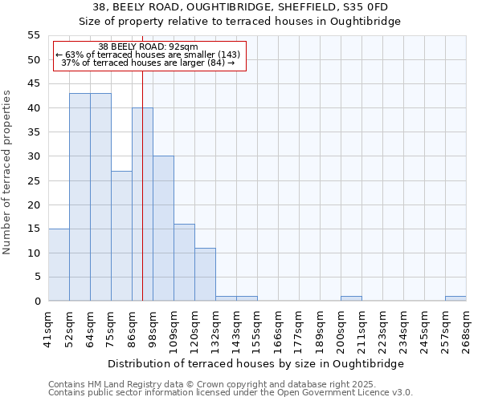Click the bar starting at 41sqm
[59, 265]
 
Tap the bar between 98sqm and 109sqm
[163, 229]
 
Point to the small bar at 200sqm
[351, 298]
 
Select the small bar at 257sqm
[455, 298]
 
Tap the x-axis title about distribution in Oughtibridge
[257, 363]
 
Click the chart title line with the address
[240, 6]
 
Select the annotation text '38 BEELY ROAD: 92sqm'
[149, 47]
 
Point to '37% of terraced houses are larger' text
[149, 63]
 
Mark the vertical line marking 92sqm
[142, 200]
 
